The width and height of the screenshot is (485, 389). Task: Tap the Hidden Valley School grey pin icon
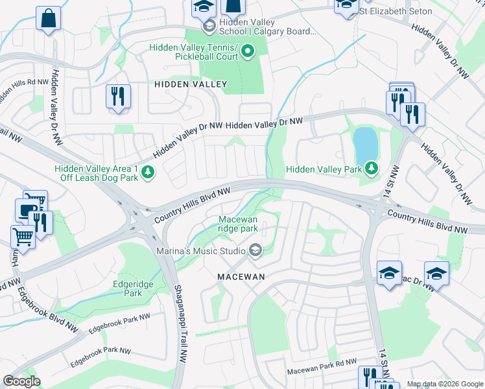click(209, 27)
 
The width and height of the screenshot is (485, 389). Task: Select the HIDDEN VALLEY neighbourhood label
click(191, 84)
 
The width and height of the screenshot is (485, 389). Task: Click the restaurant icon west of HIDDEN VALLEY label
click(118, 97)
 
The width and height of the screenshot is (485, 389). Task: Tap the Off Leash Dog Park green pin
click(148, 172)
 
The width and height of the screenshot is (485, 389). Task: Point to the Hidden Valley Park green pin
click(371, 169)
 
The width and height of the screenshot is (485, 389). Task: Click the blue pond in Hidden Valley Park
click(365, 143)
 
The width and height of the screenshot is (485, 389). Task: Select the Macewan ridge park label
click(238, 224)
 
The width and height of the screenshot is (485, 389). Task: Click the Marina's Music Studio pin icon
click(255, 250)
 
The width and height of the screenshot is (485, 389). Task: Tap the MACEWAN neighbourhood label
click(242, 276)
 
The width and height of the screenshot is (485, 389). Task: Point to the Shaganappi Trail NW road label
click(180, 324)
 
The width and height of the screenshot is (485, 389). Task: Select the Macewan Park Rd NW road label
click(322, 370)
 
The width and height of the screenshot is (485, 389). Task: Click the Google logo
click(21, 381)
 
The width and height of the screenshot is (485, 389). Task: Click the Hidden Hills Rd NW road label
click(24, 82)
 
